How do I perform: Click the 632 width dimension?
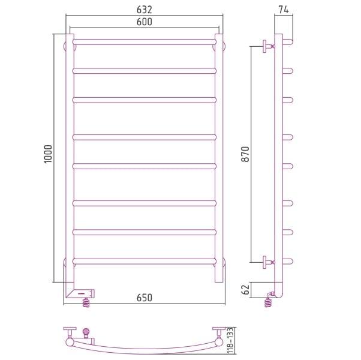(x=145, y=10)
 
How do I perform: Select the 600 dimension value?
(x=145, y=22)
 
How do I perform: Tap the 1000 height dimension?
(x=48, y=154)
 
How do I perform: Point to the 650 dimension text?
(x=145, y=298)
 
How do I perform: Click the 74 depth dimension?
(x=284, y=10)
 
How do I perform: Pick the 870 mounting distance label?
(x=245, y=154)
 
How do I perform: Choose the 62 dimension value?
(x=245, y=290)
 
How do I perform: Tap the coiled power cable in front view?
(x=86, y=302)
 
